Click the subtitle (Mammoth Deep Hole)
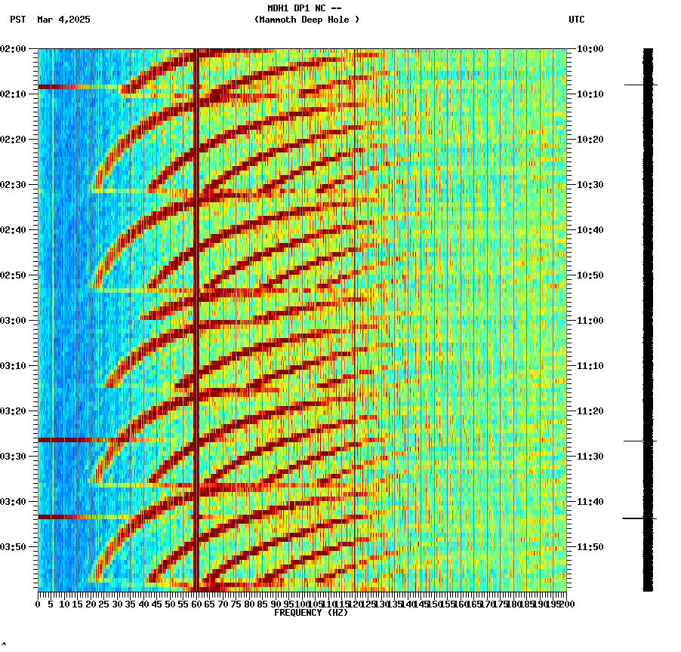click(307, 20)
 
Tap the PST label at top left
click(18, 20)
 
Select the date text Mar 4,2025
click(63, 20)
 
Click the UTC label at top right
click(576, 20)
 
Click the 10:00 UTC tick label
click(590, 49)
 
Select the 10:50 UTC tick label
click(590, 275)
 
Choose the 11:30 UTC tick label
click(590, 457)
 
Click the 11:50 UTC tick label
click(590, 547)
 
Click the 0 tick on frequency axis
click(39, 604)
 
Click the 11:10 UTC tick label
click(590, 366)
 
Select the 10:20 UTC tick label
click(590, 140)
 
